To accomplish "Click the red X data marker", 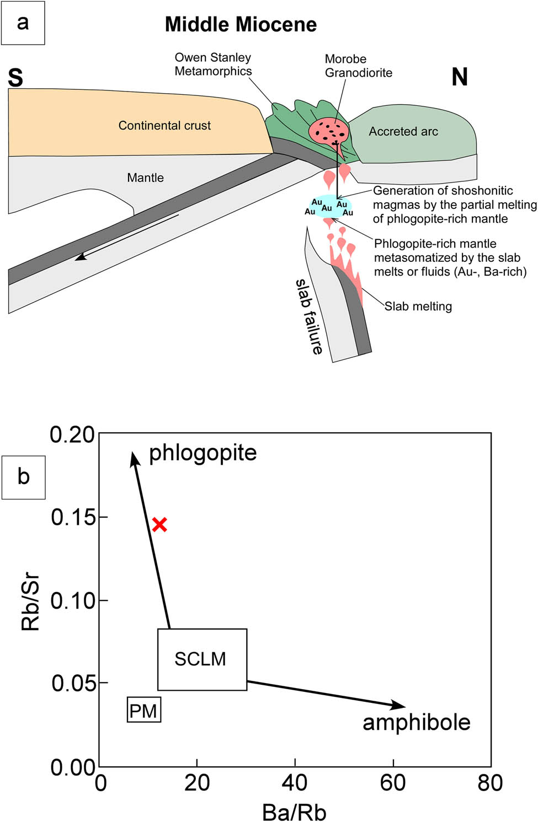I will point(159,524).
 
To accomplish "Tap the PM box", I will point(143,710).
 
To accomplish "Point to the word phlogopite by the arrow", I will point(203,453).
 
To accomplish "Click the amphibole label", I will point(416,722).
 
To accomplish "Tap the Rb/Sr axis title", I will point(31,601).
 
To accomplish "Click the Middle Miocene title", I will point(241,24).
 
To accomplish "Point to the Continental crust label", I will point(164,126).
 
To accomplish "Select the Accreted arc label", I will point(403,132).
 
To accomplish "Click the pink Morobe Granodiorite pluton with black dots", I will point(328,131).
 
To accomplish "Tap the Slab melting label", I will point(418,307).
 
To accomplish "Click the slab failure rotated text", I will point(310,316).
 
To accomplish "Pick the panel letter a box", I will point(23,23).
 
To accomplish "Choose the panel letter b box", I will point(23,477).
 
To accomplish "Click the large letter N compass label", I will point(460,77).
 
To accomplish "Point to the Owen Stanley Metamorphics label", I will point(213,65).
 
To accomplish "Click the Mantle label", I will point(145,178).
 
